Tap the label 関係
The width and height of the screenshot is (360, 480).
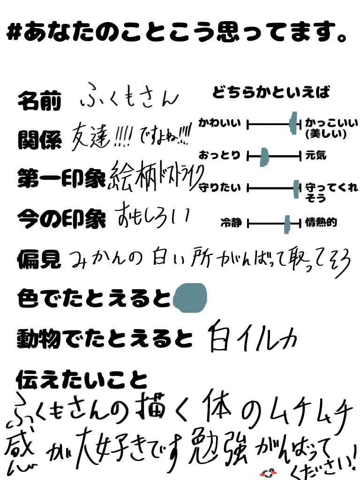[39, 139]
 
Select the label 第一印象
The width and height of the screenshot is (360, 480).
[61, 179]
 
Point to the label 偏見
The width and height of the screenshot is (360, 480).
[39, 258]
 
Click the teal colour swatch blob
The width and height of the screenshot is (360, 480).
[190, 298]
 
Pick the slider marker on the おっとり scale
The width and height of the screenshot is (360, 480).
[264, 156]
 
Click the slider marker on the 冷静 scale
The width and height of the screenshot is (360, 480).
[287, 224]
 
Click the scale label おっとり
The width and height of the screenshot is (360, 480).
[220, 155]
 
